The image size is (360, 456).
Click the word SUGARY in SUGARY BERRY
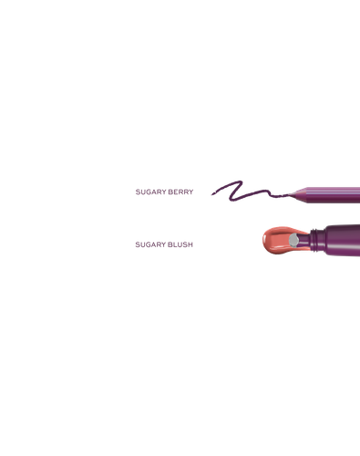pos(150,192)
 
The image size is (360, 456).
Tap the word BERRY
pos(180,192)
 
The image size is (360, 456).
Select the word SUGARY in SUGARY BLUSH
pos(150,244)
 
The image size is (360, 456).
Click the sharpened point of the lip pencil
pos(288,194)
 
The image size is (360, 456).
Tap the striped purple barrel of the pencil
pos(334,195)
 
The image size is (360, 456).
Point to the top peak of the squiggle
pos(241,181)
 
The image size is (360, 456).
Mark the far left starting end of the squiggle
pos(212,194)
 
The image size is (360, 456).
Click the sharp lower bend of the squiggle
pos(231,200)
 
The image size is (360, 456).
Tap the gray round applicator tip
pos(293,240)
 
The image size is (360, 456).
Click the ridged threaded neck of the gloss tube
pos(317,241)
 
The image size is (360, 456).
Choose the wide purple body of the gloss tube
pos(343,240)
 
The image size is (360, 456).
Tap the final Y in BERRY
pos(191,192)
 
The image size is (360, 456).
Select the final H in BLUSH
pos(190,244)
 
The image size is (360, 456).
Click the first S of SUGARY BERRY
pos(138,192)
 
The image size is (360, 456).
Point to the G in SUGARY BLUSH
pos(147,244)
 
